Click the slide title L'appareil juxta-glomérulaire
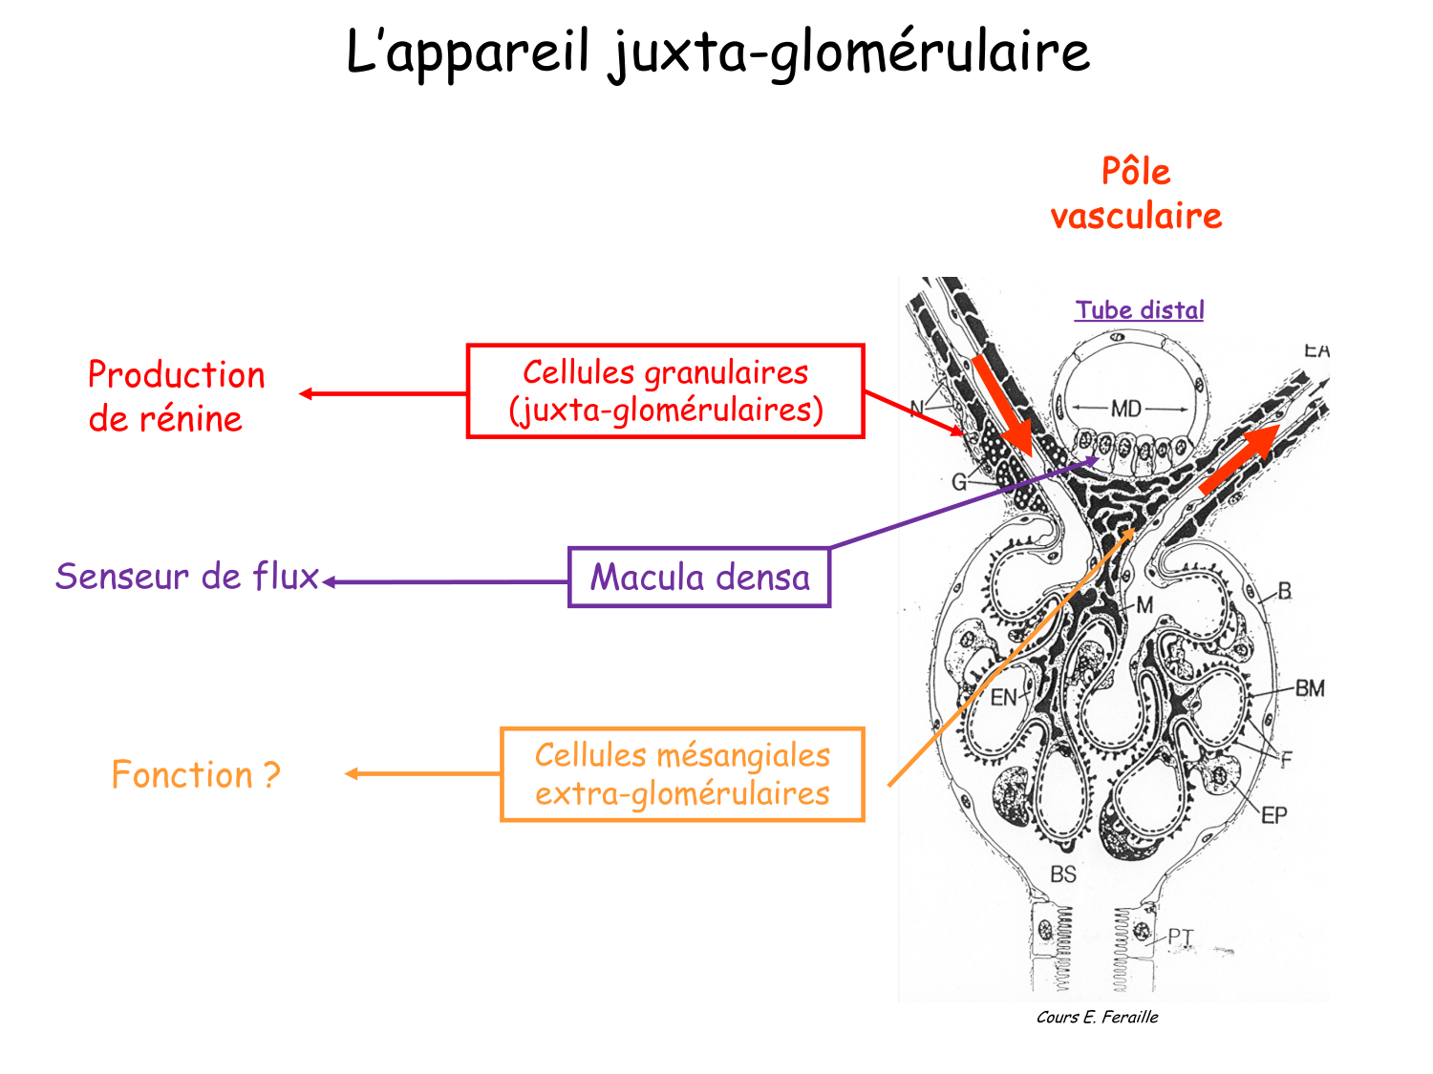[x=716, y=52]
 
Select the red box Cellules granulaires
[x=665, y=391]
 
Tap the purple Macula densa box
[x=699, y=578]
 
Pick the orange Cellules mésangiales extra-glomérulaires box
[x=682, y=774]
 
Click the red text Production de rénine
[x=176, y=396]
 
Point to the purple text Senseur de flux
[x=187, y=577]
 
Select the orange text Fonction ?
[x=196, y=774]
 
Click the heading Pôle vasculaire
[x=1136, y=194]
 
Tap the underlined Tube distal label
[x=1139, y=310]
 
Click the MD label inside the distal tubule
[x=1125, y=409]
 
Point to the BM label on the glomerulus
[x=1310, y=687]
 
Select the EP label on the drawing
[x=1273, y=815]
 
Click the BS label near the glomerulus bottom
[x=1062, y=874]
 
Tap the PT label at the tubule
[x=1181, y=937]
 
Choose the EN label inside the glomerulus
[x=1003, y=698]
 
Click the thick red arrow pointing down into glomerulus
[x=1003, y=406]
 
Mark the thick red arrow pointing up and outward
[x=1240, y=458]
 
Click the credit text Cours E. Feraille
[x=1097, y=1018]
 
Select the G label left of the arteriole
[x=958, y=482]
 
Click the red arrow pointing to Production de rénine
[x=382, y=393]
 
